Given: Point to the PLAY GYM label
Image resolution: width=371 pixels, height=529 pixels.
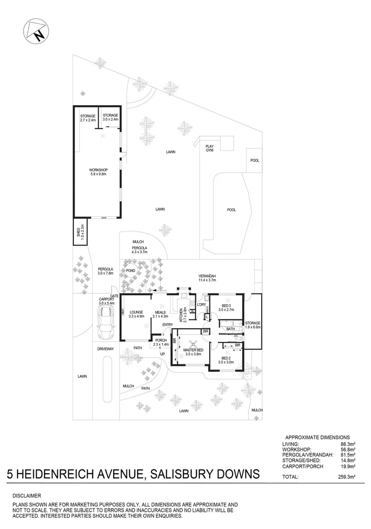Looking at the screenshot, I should coord(210,148).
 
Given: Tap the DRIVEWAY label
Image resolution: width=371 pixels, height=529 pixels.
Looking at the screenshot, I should coord(105,349).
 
